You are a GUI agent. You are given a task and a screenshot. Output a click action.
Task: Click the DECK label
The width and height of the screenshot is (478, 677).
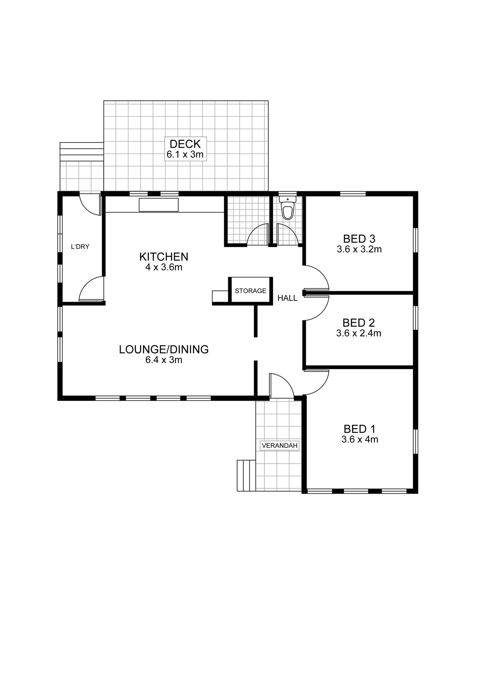pyautogui.click(x=185, y=144)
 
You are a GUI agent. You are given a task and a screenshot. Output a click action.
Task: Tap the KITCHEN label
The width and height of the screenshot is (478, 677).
pyautogui.click(x=164, y=257)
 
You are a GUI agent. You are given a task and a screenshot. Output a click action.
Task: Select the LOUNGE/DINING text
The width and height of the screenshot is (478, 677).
pyautogui.click(x=164, y=349)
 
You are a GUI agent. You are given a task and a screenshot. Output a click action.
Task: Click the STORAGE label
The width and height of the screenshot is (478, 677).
pyautogui.click(x=250, y=291)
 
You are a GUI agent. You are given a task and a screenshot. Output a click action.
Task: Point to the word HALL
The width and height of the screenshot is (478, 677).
pyautogui.click(x=287, y=298)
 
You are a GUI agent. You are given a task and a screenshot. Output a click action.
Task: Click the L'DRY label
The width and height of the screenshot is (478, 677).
pyautogui.click(x=80, y=247)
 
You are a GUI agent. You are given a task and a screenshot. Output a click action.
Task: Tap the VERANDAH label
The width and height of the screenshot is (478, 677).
pyautogui.click(x=280, y=445)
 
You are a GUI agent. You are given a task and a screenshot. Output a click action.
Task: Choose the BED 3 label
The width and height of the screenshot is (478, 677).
pyautogui.click(x=359, y=239)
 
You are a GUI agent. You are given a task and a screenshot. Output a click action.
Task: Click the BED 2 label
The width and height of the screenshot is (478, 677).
pyautogui.click(x=359, y=323)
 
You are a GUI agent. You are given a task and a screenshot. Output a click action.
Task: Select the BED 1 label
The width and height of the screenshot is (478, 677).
pyautogui.click(x=359, y=429)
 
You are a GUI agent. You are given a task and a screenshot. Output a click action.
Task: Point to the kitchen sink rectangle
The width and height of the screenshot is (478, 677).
pyautogui.click(x=159, y=205)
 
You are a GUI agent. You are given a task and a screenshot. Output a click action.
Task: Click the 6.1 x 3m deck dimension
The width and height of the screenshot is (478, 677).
pyautogui.click(x=185, y=155)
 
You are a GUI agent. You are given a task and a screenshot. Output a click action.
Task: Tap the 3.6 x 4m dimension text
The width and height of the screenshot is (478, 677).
pyautogui.click(x=360, y=439)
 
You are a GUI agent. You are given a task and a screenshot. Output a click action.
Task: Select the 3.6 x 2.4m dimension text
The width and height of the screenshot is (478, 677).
pyautogui.click(x=359, y=333)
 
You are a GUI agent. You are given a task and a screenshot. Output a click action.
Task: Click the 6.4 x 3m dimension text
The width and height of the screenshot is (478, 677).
pyautogui.click(x=164, y=360)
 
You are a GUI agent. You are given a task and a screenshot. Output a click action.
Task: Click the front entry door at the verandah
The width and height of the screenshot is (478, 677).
pyautogui.click(x=281, y=386)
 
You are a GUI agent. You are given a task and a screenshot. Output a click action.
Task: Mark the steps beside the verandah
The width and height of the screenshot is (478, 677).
pyautogui.click(x=246, y=476)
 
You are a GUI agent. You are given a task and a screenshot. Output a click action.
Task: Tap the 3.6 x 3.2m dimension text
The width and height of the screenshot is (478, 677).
pyautogui.click(x=359, y=249)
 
